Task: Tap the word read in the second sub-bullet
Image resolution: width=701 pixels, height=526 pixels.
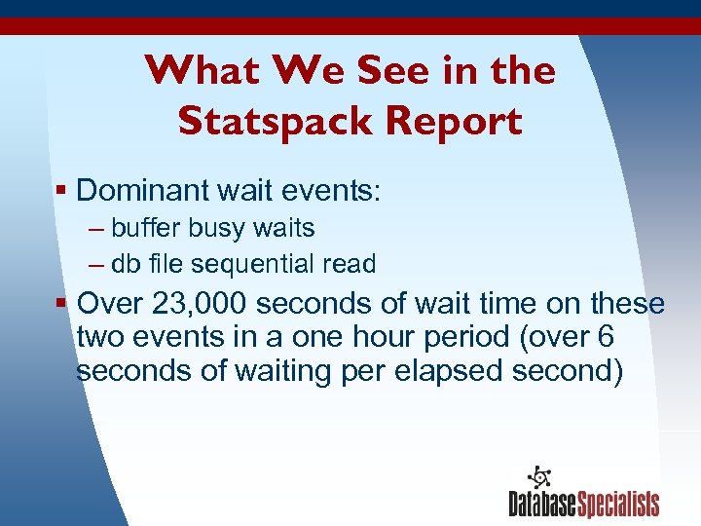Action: (x=353, y=264)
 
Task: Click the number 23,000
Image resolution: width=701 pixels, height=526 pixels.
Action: (x=201, y=304)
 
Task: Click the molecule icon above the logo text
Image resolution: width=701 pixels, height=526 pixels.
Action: (x=537, y=478)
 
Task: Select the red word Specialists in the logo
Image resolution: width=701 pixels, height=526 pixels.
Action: (x=618, y=505)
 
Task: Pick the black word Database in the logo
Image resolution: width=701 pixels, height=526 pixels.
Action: (x=542, y=505)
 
